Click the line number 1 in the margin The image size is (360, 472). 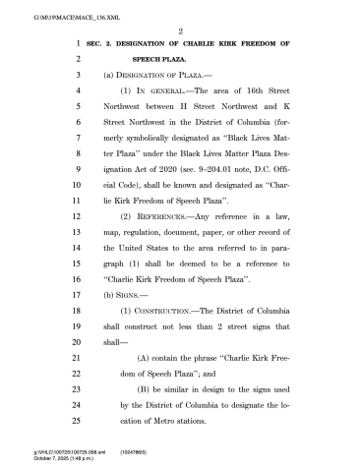[77, 45]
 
